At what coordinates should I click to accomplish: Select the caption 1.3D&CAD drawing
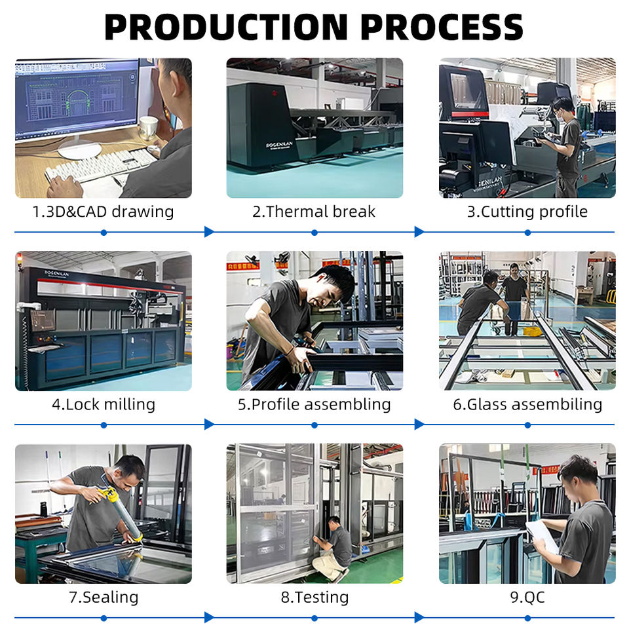pos(104,212)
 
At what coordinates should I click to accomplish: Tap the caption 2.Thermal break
pos(314,212)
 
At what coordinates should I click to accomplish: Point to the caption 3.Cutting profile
pos(527,212)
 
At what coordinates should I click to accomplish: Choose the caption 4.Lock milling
pos(104,404)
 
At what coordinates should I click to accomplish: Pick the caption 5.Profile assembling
pos(314,404)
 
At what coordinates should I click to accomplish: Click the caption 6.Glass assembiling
pos(527,404)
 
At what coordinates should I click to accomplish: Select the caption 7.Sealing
pos(104,597)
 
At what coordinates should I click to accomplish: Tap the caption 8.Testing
pos(314,597)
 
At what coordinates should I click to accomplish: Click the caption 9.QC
pos(527,597)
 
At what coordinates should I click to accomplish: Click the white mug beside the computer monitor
pos(149,127)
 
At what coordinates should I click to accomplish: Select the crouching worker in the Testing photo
pos(334,548)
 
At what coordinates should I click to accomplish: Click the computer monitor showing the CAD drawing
pos(77,98)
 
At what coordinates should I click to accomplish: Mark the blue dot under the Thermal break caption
pos(314,232)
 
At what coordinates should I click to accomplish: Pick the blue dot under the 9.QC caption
pos(527,617)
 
